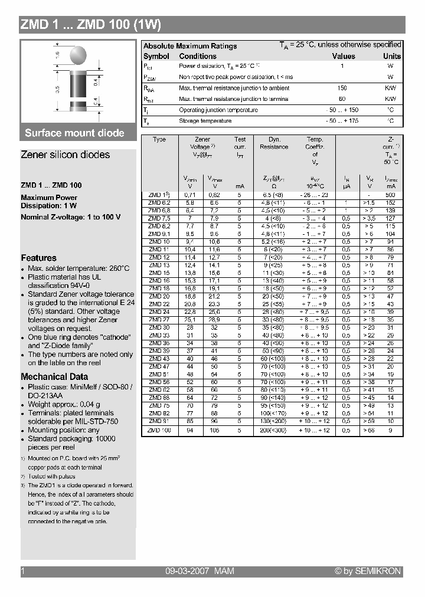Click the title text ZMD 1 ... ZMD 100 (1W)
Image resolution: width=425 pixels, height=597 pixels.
coord(90,25)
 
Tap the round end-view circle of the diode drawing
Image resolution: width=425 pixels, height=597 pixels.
coord(79,57)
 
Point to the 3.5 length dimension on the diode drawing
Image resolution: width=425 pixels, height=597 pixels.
coord(57,90)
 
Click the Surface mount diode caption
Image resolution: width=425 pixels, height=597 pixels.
coord(75,133)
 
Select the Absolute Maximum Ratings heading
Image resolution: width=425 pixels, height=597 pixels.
coord(190,46)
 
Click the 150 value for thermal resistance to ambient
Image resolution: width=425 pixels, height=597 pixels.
coord(342,88)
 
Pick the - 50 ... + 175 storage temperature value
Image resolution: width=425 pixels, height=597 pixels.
coord(342,121)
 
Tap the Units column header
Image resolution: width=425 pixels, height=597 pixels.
coord(391,56)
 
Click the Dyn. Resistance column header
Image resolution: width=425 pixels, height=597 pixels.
coord(274,143)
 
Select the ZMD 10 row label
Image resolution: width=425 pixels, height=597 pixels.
coord(159,242)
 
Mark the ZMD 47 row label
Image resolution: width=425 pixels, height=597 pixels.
coord(159,366)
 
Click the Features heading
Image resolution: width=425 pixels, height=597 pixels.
coord(39,258)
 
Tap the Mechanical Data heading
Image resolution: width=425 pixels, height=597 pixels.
coord(54,376)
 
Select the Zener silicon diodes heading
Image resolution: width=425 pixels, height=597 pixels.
coord(66,155)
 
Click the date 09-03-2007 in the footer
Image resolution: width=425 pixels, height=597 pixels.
coord(186,571)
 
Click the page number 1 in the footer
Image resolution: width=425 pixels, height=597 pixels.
coord(22,571)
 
